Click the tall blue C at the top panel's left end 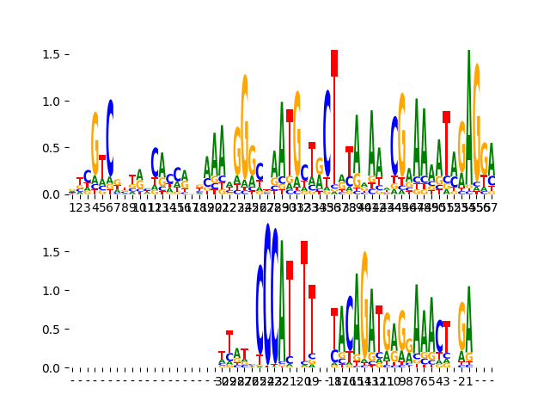point(110,138)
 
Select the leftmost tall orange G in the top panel point(95,146)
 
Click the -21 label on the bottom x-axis point(465,381)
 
